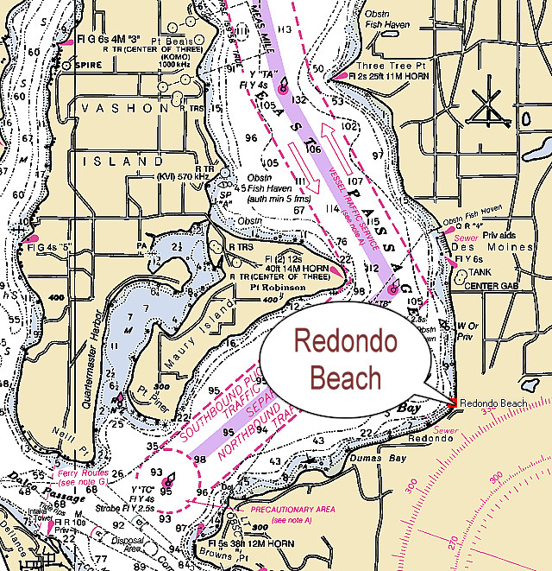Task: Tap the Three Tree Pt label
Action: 382,66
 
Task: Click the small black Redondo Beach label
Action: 493,403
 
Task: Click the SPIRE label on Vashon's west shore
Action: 84,63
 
